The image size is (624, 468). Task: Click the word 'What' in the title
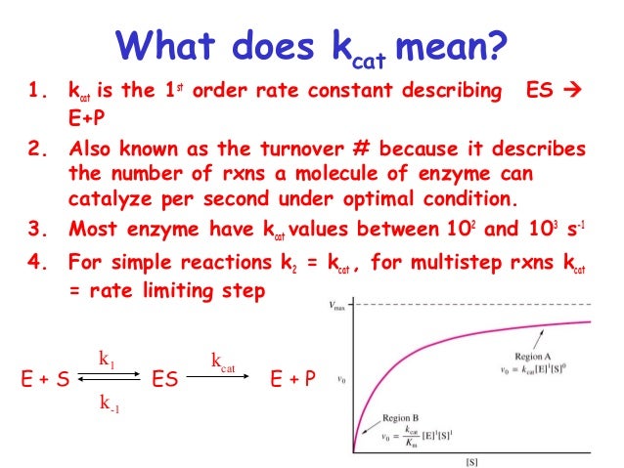coord(170,44)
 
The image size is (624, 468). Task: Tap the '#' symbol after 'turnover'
coord(356,151)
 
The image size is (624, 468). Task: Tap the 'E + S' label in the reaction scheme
coord(43,380)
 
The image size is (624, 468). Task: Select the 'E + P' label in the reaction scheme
coord(292,380)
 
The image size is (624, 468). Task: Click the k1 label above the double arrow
coord(107,359)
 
